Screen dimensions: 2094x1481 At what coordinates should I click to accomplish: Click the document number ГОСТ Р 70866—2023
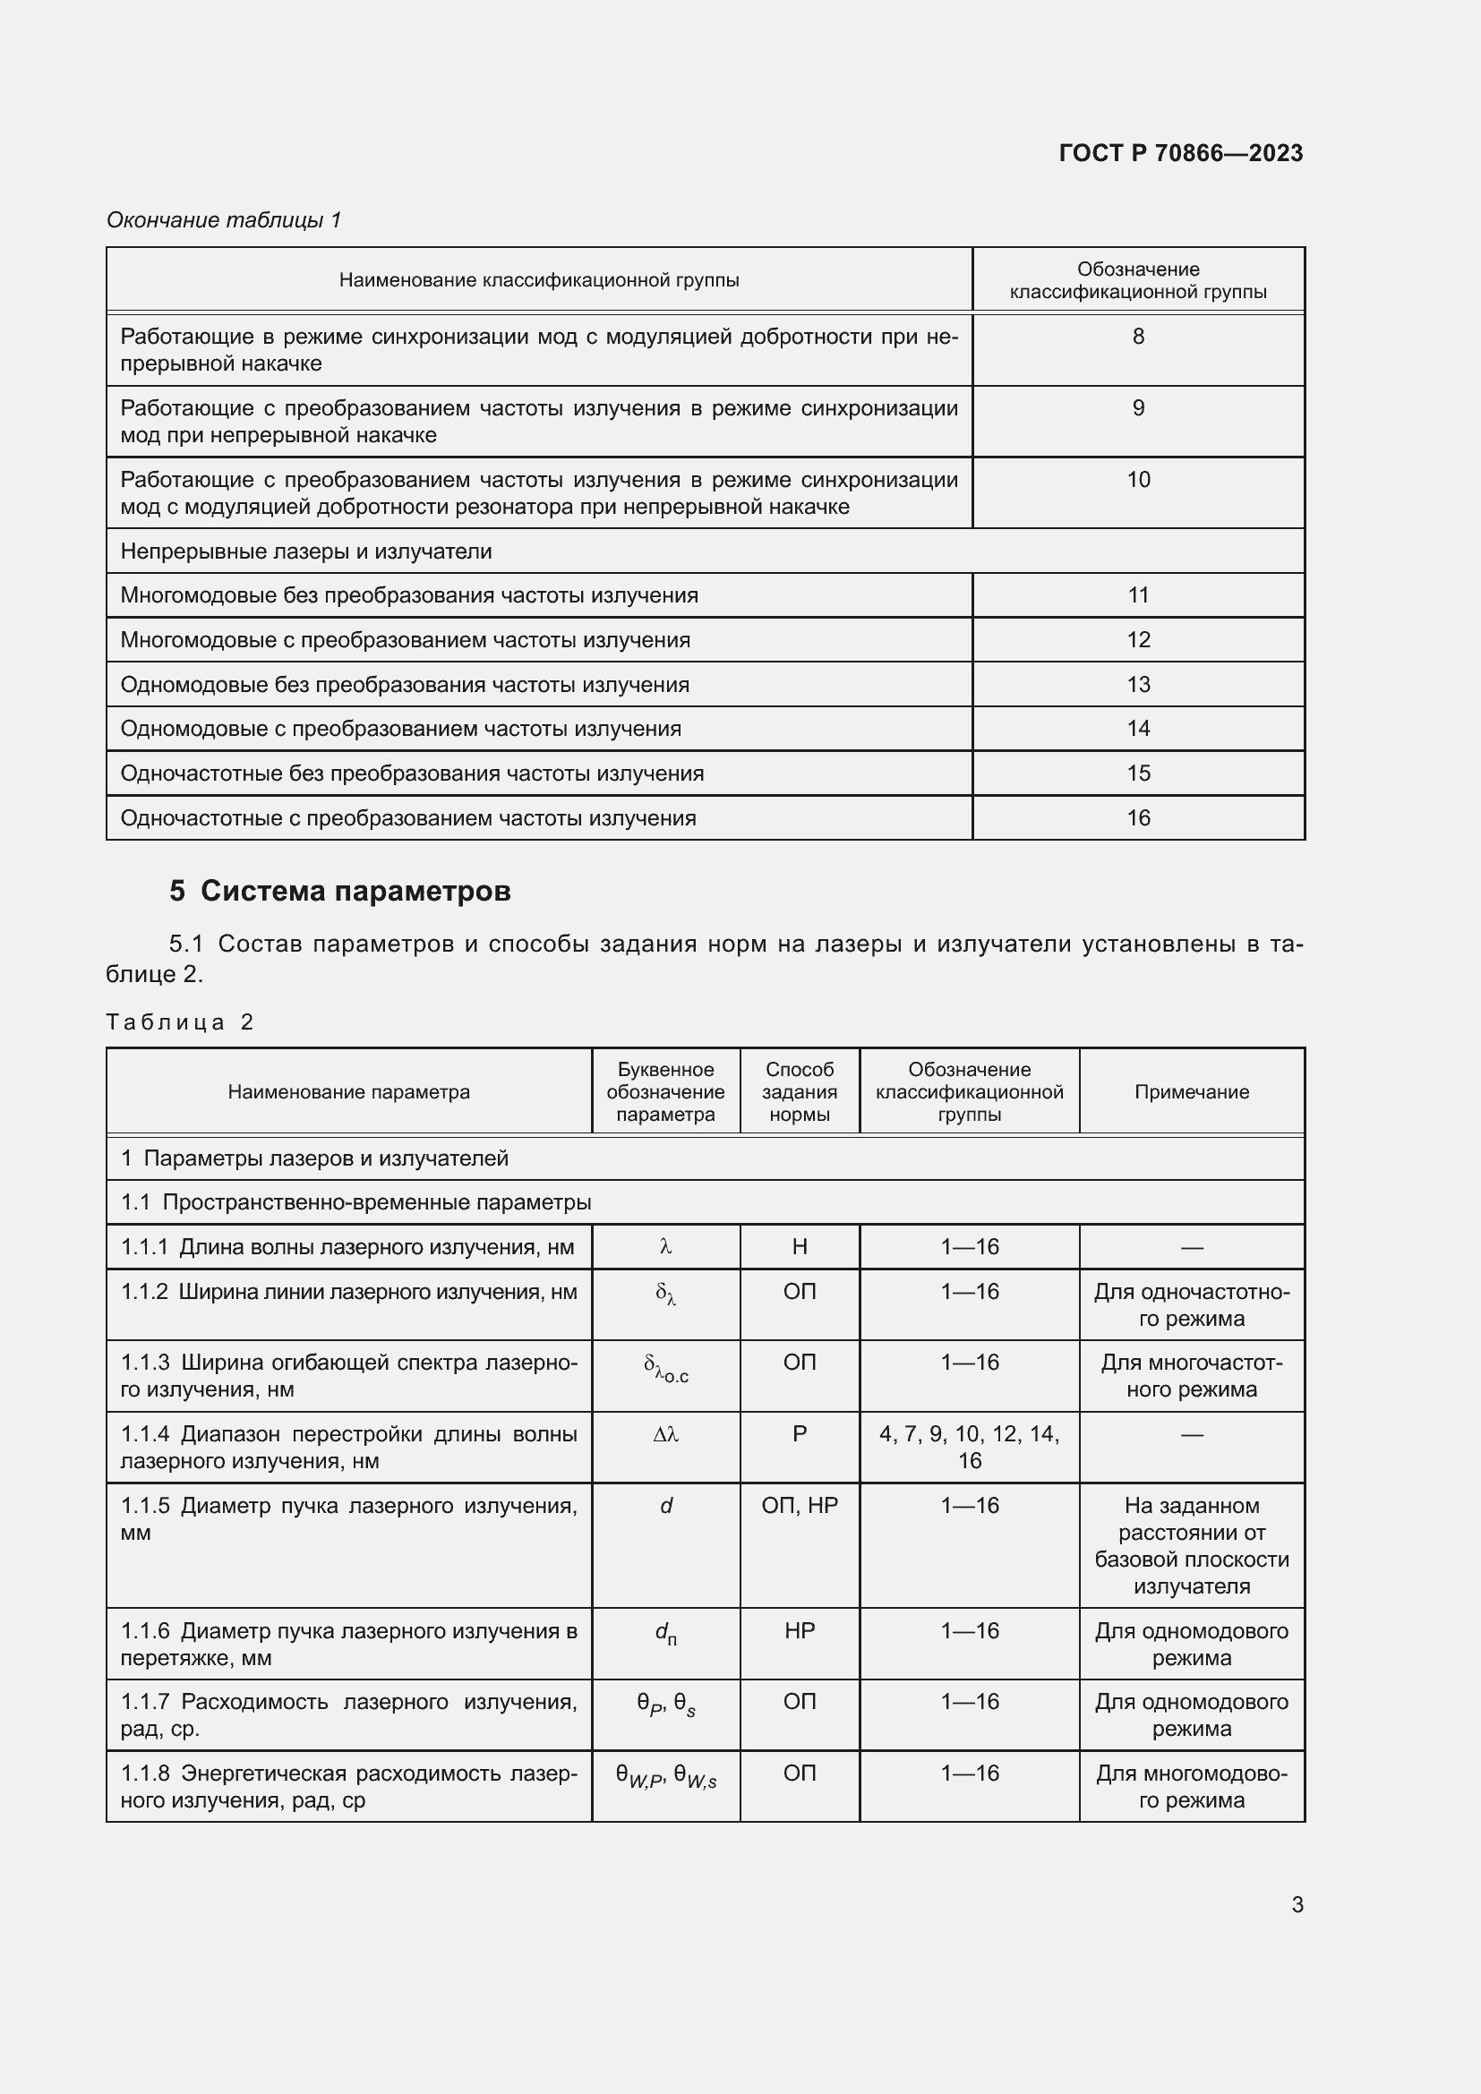point(1180,153)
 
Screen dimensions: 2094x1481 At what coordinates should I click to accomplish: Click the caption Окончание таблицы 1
point(224,220)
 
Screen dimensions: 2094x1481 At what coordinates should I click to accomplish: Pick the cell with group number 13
point(1137,684)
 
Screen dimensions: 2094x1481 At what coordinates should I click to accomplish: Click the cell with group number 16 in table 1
point(1137,818)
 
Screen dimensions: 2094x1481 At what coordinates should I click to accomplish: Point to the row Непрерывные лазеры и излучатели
point(306,551)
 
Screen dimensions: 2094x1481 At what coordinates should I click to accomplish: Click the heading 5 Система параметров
point(339,891)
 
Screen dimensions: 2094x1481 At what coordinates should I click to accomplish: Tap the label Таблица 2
point(179,1021)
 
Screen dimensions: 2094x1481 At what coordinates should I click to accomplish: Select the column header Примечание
point(1191,1091)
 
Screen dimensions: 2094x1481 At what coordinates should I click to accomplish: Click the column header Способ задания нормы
point(799,1091)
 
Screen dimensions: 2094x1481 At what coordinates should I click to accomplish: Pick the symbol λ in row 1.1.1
point(665,1247)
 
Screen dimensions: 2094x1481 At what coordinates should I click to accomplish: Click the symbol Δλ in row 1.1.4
point(665,1434)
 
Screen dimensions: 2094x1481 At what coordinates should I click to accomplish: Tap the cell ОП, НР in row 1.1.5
point(799,1506)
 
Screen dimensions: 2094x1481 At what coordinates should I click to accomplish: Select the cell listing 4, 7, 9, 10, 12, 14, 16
point(969,1448)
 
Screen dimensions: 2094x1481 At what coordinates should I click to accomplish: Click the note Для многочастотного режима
point(1191,1376)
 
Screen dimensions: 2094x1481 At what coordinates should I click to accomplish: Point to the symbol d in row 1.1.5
point(665,1506)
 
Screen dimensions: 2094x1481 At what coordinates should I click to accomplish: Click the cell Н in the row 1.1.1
point(799,1247)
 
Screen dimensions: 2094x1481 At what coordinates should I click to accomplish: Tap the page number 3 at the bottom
point(1297,1904)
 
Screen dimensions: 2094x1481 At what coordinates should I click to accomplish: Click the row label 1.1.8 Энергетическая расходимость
point(348,1787)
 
